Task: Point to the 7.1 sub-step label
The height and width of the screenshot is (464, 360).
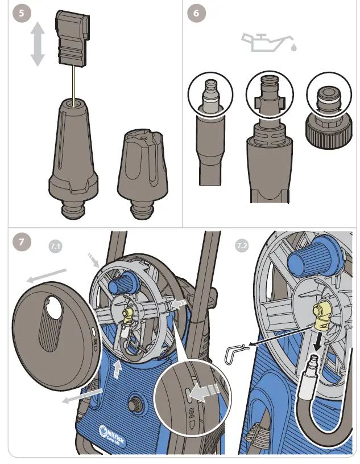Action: (x=55, y=246)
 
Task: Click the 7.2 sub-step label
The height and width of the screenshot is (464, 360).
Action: (x=242, y=246)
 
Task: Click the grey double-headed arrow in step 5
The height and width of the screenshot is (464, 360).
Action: (x=38, y=44)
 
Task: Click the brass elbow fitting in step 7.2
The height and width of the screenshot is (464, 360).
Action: (x=322, y=315)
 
